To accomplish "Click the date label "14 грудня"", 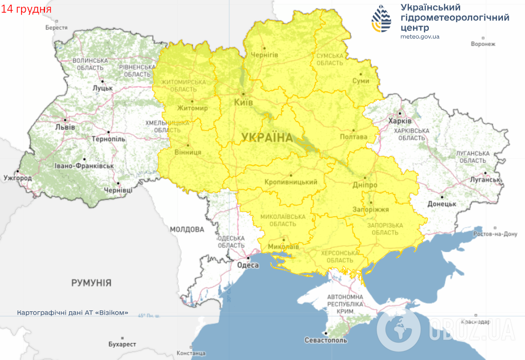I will pyautogui.click(x=26, y=10).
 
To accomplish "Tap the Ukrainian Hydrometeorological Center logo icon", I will pyautogui.click(x=382, y=19).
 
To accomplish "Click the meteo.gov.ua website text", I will pyautogui.click(x=419, y=36).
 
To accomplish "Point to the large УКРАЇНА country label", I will pyautogui.click(x=267, y=138).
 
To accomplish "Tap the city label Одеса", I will pyautogui.click(x=248, y=265).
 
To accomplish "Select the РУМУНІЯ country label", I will pyautogui.click(x=91, y=283).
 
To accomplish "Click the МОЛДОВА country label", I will pyautogui.click(x=187, y=229).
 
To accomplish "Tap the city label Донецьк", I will pyautogui.click(x=442, y=204).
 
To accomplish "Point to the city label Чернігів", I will pyautogui.click(x=264, y=54).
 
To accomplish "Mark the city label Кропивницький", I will pyautogui.click(x=290, y=182).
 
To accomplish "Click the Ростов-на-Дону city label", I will pyautogui.click(x=495, y=234).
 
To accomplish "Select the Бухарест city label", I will pyautogui.click(x=122, y=344).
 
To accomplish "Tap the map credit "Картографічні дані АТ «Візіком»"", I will pyautogui.click(x=73, y=312).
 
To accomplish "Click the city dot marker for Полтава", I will pyautogui.click(x=353, y=130).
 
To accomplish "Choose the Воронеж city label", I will pyautogui.click(x=483, y=44).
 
